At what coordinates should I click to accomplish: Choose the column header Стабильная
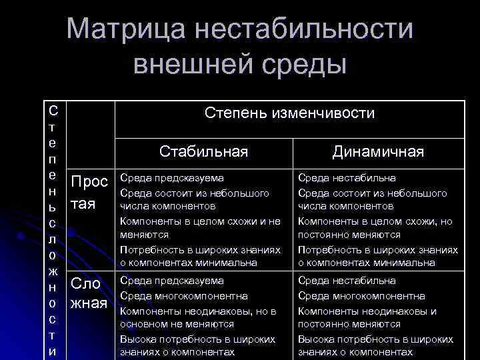204,152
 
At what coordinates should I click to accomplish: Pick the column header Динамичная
378,152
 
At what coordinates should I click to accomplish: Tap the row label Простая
89,192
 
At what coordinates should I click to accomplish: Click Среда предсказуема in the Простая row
172,179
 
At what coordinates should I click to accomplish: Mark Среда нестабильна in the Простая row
347,179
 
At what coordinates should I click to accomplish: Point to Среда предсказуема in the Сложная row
172,281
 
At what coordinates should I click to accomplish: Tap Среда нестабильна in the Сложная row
347,281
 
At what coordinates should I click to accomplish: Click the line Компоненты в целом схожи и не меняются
200,227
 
